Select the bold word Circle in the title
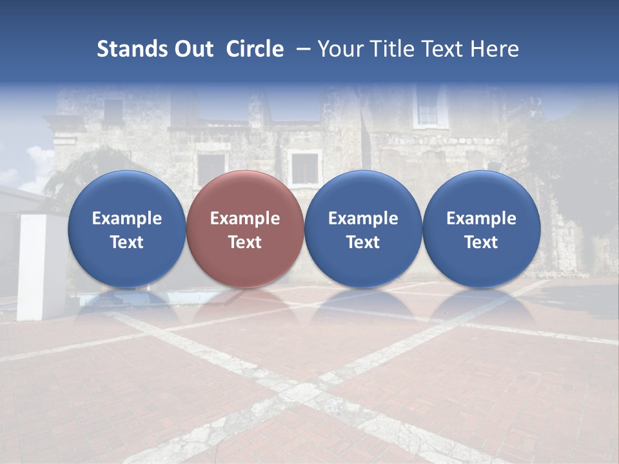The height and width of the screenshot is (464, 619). point(255,49)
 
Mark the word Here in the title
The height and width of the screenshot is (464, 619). point(495,49)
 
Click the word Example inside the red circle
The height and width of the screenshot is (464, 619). point(245,218)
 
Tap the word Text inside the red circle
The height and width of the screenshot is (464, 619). point(245,242)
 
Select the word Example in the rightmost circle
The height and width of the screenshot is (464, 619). point(481,218)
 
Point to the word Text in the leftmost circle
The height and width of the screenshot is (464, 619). point(126,242)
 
